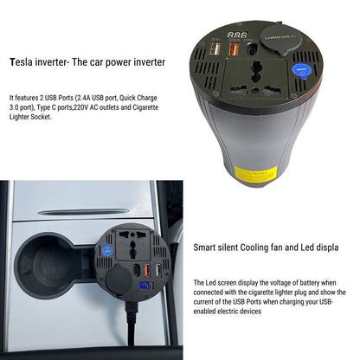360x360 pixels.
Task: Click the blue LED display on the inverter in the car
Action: click(x=147, y=285)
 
